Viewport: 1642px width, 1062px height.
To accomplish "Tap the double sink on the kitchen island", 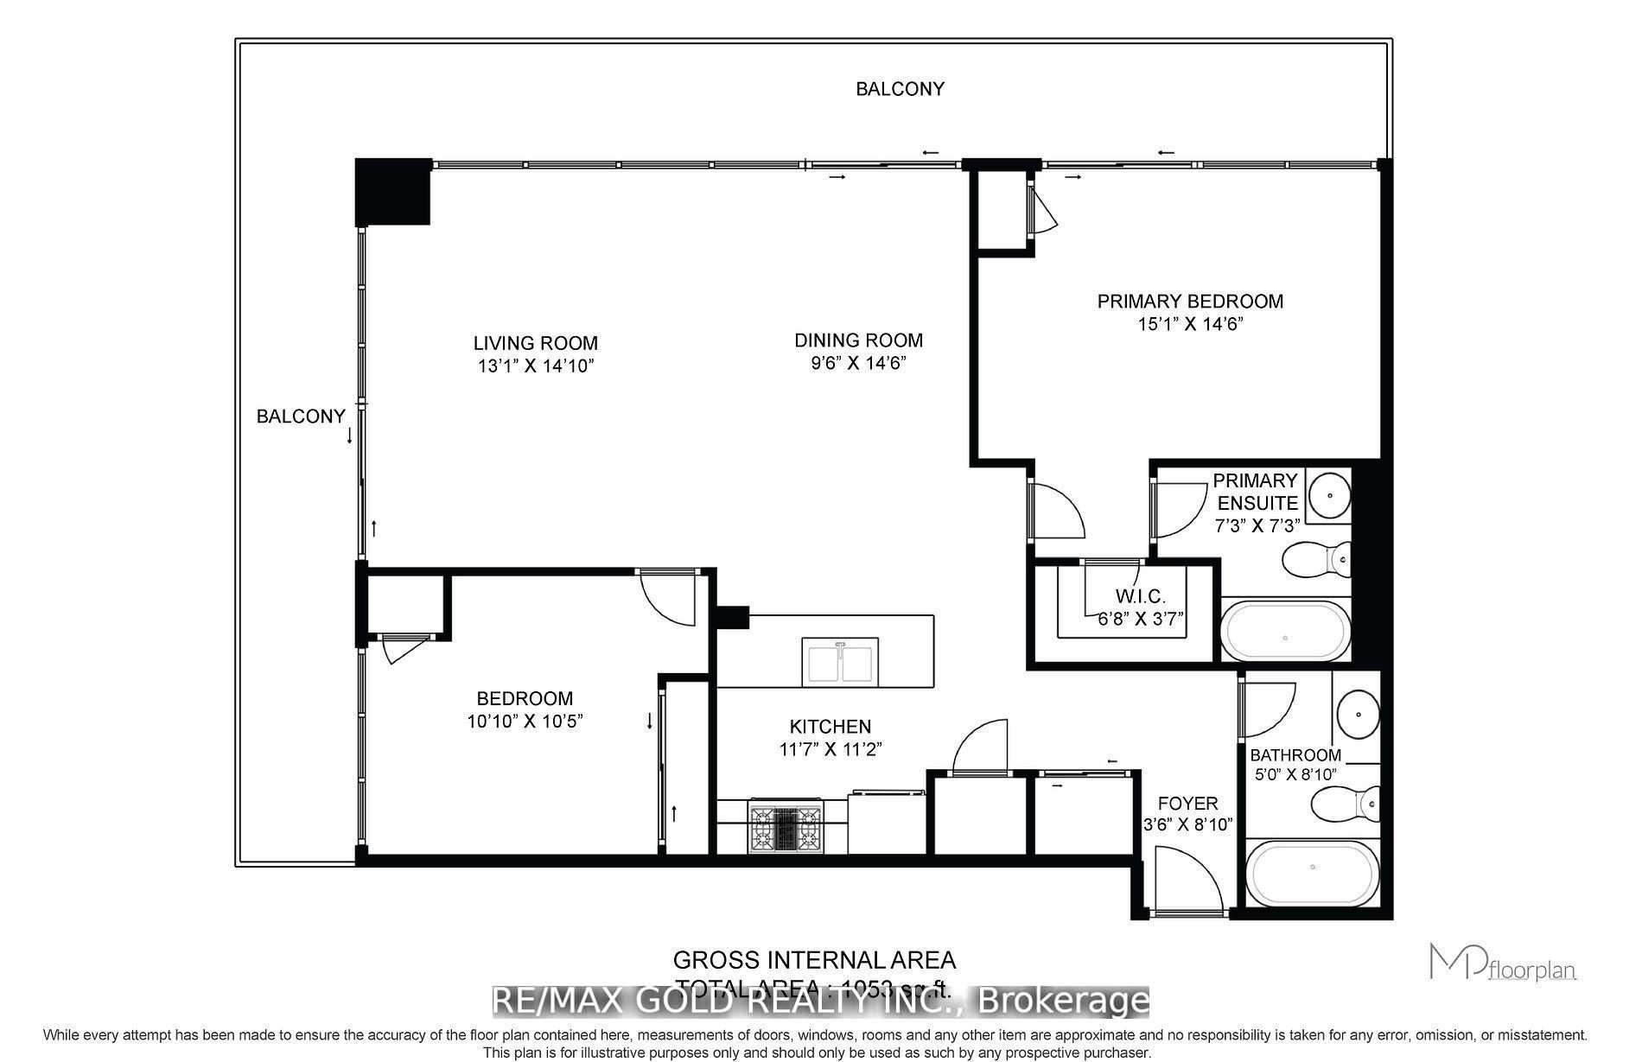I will [840, 662].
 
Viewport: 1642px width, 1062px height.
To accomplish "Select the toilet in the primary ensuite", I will [1316, 559].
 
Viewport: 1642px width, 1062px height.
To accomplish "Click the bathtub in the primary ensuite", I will [1284, 631].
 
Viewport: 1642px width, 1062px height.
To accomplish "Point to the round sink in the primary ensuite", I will [1328, 496].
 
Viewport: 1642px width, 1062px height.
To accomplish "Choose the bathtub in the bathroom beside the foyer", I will [1313, 874].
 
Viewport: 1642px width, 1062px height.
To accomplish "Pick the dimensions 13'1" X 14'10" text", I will [536, 366].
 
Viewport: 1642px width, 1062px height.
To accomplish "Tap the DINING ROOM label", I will [858, 340].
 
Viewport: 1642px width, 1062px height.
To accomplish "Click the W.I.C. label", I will [1140, 596].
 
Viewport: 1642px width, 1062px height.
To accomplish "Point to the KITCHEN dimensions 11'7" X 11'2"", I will [830, 749].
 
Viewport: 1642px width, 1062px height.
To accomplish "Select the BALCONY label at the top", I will [900, 89].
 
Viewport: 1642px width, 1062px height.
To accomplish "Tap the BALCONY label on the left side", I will [300, 417].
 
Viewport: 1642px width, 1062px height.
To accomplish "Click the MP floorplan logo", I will [1502, 963].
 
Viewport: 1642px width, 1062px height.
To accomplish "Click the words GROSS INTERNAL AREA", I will [813, 960].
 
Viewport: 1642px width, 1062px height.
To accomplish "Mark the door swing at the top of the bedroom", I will [666, 596].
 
